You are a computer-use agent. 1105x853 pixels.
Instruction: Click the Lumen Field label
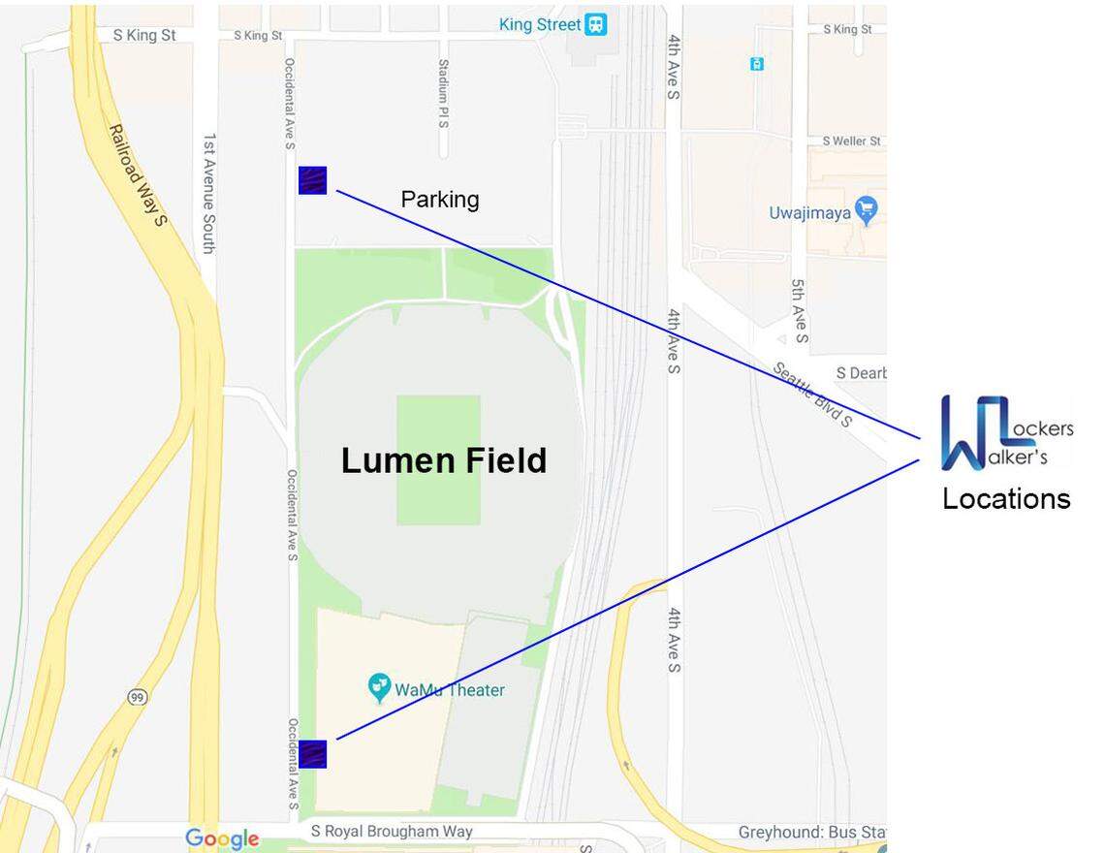click(444, 459)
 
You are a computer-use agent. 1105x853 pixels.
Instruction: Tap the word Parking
click(440, 199)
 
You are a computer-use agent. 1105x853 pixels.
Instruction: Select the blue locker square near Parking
click(312, 180)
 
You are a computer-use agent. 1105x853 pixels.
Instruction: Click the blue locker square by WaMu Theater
click(312, 753)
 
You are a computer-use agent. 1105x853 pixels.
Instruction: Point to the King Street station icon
click(596, 25)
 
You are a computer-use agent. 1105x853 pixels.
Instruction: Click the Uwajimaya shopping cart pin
click(867, 209)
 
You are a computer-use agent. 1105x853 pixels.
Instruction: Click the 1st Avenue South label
click(209, 194)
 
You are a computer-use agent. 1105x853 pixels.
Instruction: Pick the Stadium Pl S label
click(443, 94)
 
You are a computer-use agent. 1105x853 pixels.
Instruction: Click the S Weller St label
click(851, 141)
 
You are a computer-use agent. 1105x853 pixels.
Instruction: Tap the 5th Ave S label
click(799, 311)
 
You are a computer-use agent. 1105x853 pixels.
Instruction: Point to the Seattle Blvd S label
click(812, 394)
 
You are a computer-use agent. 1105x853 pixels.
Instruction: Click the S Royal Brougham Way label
click(392, 831)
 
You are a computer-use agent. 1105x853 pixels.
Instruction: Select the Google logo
click(222, 838)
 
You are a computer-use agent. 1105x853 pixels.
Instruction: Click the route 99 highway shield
click(137, 696)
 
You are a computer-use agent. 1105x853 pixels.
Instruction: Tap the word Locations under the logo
click(1006, 498)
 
